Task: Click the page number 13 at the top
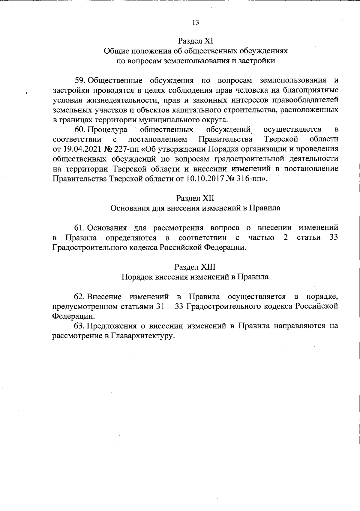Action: (x=195, y=23)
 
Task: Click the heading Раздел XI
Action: (x=195, y=40)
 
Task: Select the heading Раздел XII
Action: (x=195, y=198)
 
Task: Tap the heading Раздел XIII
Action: (x=195, y=267)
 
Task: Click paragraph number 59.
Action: (x=80, y=81)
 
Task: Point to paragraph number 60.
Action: (x=80, y=130)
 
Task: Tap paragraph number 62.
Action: (x=80, y=297)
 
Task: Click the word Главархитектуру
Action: (x=143, y=336)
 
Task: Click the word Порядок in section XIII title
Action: (x=137, y=277)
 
